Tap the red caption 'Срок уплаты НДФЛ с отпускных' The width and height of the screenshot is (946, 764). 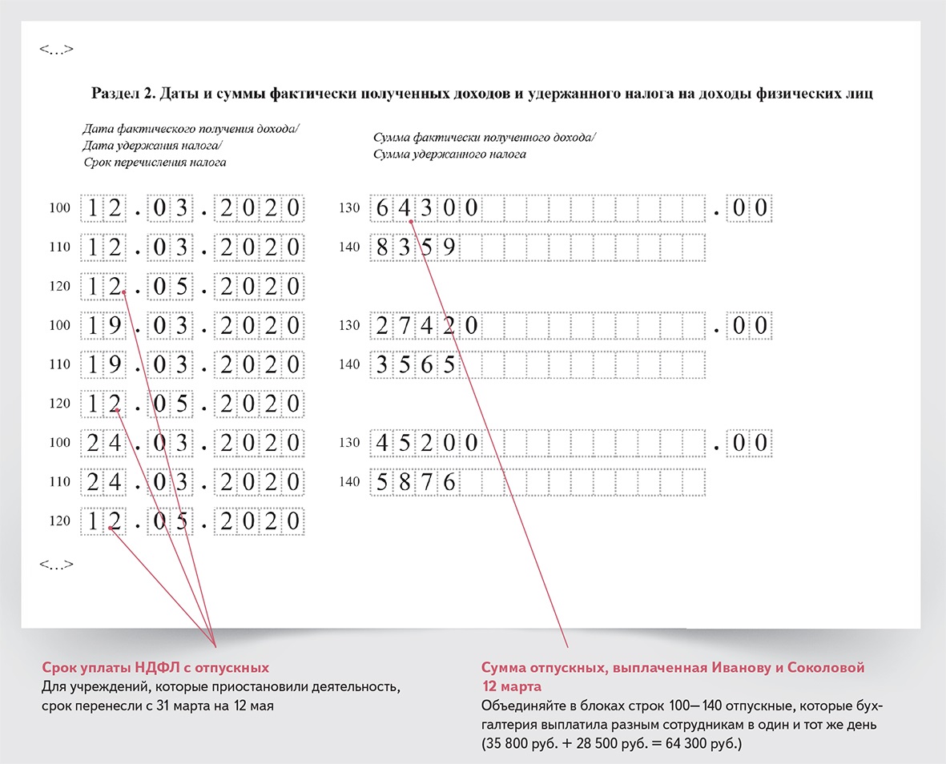point(155,667)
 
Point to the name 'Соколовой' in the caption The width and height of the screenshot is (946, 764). point(828,667)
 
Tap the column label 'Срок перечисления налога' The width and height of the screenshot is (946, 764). point(155,162)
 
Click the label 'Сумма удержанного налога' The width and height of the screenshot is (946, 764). point(449,154)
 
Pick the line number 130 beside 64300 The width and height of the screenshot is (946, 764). point(349,208)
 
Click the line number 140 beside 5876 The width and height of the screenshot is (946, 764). point(349,482)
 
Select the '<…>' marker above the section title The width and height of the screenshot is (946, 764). point(56,50)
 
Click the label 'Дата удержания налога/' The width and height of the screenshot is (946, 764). point(152,145)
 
